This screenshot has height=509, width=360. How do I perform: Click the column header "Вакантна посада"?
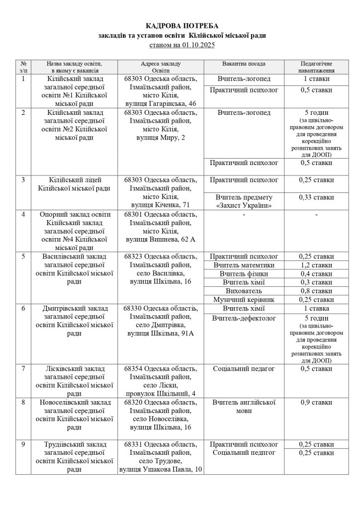pos(244,64)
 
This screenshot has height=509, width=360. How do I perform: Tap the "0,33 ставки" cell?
pos(317,197)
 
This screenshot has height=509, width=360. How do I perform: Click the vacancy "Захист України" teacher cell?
pos(244,201)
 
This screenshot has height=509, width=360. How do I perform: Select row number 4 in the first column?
pos(23,214)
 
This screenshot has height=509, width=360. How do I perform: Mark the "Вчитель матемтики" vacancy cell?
pos(244,265)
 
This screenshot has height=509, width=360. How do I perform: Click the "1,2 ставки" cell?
pos(317,265)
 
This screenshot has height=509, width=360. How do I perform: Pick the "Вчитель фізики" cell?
pos(244,274)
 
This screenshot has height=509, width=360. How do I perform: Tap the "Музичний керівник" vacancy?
pos(244,300)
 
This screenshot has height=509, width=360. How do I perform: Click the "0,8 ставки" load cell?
pos(317,291)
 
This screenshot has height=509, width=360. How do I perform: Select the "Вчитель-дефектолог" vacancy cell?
pos(244,318)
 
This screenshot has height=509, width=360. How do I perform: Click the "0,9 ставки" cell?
pos(317,402)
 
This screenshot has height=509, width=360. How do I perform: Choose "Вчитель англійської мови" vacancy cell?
pos(244,407)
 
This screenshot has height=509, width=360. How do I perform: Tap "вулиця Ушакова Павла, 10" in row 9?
pos(161,469)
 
